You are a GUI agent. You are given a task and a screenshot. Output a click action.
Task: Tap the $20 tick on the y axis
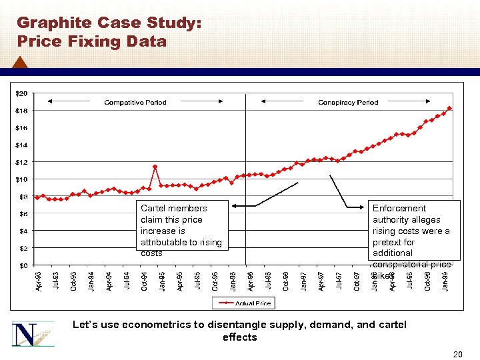pyautogui.click(x=22, y=93)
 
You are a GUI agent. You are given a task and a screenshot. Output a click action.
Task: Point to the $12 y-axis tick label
pyautogui.click(x=22, y=162)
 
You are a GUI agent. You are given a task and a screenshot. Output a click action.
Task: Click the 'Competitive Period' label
pyautogui.click(x=135, y=103)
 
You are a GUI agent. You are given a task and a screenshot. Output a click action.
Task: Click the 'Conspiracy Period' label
pyautogui.click(x=348, y=103)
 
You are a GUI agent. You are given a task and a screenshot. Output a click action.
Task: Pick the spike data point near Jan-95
pyautogui.click(x=155, y=167)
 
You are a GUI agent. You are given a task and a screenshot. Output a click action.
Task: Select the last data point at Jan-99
pyautogui.click(x=450, y=108)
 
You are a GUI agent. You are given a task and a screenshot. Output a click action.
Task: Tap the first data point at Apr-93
pyautogui.click(x=37, y=198)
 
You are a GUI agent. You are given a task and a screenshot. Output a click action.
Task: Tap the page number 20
pyautogui.click(x=457, y=354)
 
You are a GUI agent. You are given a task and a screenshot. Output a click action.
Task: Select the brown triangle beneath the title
pyautogui.click(x=20, y=63)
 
